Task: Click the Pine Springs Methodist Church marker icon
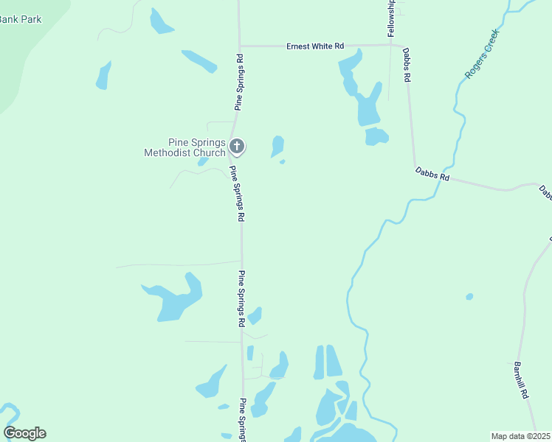[237, 147]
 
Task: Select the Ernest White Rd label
[315, 46]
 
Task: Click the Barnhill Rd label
[522, 380]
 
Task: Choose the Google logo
[24, 433]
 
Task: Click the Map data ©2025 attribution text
[521, 436]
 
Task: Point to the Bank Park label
[21, 19]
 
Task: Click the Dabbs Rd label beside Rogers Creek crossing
[432, 174]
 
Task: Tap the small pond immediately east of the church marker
[277, 146]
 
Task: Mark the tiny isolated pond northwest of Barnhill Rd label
[469, 297]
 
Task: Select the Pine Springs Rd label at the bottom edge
[242, 421]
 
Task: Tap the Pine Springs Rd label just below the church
[237, 194]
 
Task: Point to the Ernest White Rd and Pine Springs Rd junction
[239, 46]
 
